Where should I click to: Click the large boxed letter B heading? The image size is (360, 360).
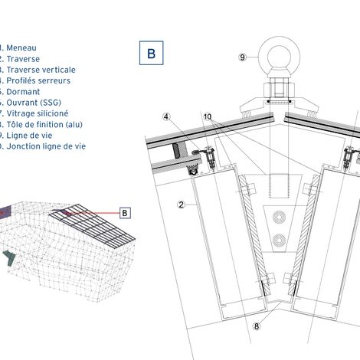pos(151,54)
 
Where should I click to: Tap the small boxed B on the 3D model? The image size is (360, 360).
pos(126,212)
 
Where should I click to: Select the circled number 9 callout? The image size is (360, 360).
pos(243,57)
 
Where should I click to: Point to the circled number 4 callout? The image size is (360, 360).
pos(165,116)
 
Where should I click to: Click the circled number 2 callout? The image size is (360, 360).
pos(179,204)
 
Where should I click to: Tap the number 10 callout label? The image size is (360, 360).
pos(207,116)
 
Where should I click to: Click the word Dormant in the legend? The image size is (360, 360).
pos(21,91)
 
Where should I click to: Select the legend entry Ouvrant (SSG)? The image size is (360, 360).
pos(31,102)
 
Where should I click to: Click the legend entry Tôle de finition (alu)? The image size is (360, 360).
pos(42,123)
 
